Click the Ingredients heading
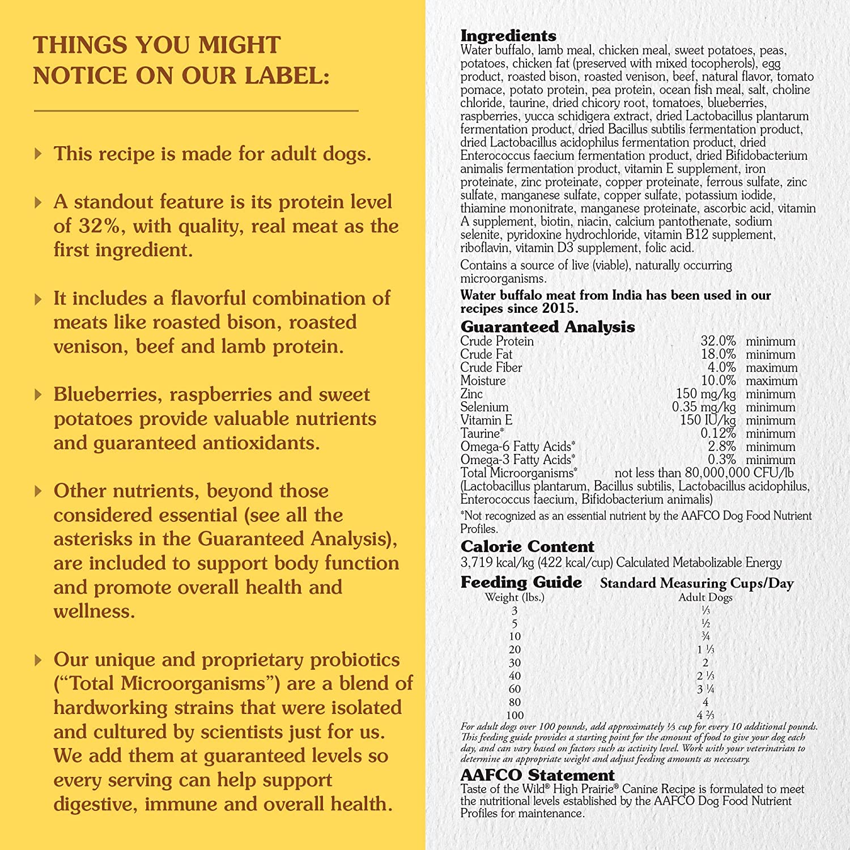click(508, 36)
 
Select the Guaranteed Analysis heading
click(547, 327)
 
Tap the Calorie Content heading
click(527, 547)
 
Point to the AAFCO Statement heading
click(537, 775)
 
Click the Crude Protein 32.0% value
click(718, 341)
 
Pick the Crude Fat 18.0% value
click(718, 354)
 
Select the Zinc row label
click(471, 394)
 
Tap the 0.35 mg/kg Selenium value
click(704, 407)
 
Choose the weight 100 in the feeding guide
click(515, 715)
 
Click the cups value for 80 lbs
click(705, 702)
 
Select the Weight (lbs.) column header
click(514, 597)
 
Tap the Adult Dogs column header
click(705, 597)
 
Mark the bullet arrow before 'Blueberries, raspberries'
click(38, 394)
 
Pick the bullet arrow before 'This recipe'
click(38, 154)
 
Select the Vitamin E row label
click(486, 420)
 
